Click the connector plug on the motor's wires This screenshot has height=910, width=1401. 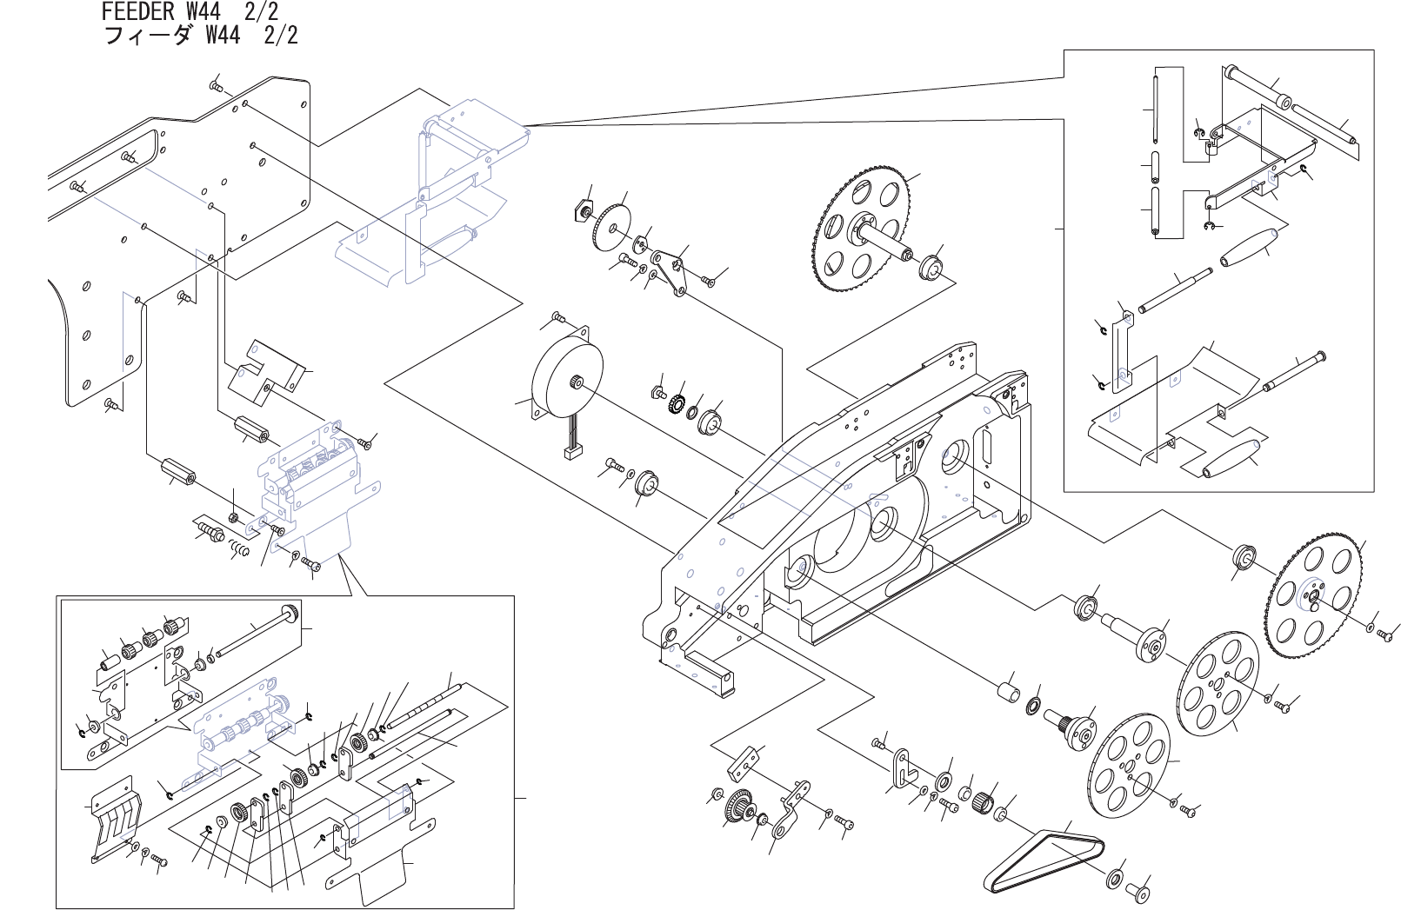click(572, 452)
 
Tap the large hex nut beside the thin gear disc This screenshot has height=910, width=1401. click(584, 210)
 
